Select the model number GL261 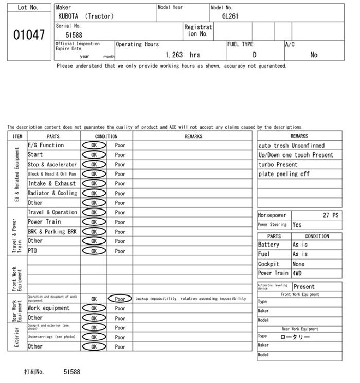tap(230, 16)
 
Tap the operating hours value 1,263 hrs tap(183, 55)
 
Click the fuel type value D tap(254, 55)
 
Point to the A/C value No tap(314, 55)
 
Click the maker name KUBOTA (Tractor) tap(86, 16)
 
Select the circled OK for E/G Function tap(94, 145)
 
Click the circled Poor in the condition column tap(120, 299)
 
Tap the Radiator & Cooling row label tap(52, 193)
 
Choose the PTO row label tap(32, 251)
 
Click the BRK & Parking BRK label tap(52, 232)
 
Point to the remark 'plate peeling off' tap(284, 174)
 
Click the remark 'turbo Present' tap(278, 165)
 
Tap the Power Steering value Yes tap(297, 225)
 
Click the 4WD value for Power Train tap(297, 273)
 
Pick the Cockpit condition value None tap(298, 264)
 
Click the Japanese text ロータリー tap(295, 337)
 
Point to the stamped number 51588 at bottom tap(72, 371)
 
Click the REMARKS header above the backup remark tap(193, 136)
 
